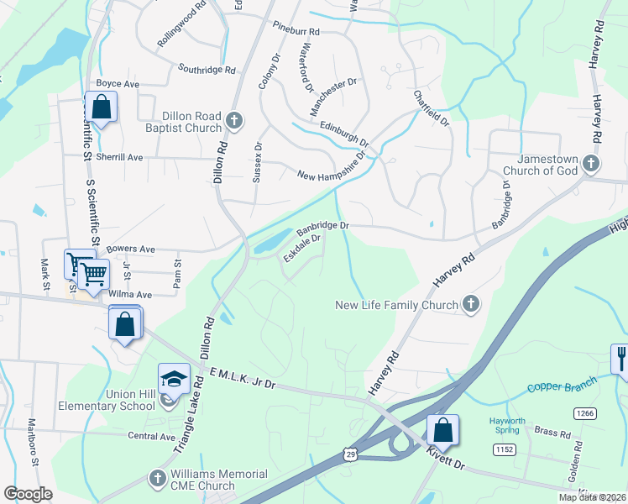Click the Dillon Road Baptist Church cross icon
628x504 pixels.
pos(234,121)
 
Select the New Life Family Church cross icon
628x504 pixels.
pos(471,305)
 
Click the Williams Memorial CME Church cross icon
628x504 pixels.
pos(156,479)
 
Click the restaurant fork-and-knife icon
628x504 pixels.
pos(621,358)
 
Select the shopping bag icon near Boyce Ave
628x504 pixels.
pos(101,108)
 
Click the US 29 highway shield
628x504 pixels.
pos(350,454)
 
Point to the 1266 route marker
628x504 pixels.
pos(585,412)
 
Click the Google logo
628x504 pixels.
pos(28,493)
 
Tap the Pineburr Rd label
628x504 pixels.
pos(296,31)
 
